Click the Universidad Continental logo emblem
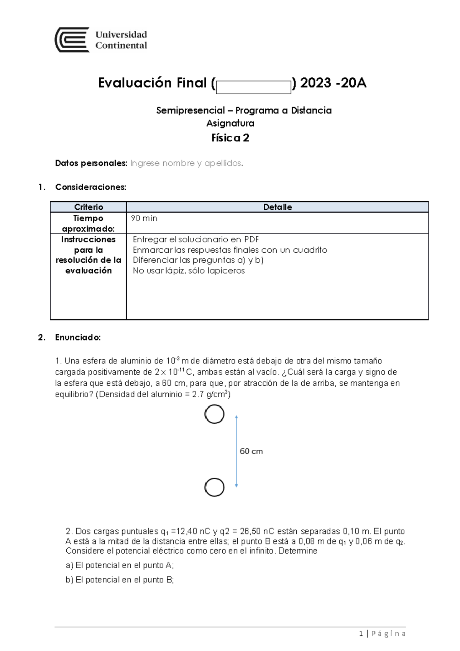[x=72, y=40]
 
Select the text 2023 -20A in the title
[x=333, y=83]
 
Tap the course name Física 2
[x=230, y=138]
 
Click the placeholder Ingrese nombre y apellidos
[x=187, y=163]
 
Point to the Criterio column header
[x=89, y=207]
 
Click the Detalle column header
[x=278, y=207]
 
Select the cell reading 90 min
[x=144, y=219]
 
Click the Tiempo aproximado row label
[x=89, y=224]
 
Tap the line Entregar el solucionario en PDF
[x=196, y=240]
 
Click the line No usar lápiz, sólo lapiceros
[x=189, y=271]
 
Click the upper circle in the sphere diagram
[x=214, y=414]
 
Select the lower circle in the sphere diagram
[x=214, y=488]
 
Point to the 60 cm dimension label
[x=251, y=451]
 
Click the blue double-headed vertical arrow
[x=237, y=451]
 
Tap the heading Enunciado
[x=78, y=337]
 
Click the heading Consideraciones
[x=90, y=187]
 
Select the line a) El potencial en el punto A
[x=120, y=565]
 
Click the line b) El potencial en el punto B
[x=120, y=580]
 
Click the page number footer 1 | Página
[x=383, y=633]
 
